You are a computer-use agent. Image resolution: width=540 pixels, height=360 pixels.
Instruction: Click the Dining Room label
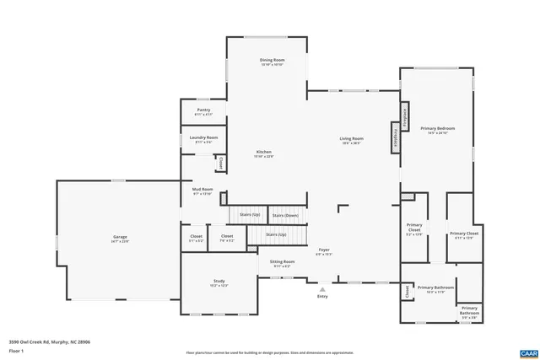[272, 61]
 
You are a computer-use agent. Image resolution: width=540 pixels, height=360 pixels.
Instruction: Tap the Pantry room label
[203, 110]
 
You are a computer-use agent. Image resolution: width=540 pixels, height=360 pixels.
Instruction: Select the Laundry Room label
[203, 138]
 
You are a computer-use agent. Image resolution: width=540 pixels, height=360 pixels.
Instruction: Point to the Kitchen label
[264, 153]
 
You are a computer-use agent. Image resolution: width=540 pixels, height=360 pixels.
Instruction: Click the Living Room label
[351, 139]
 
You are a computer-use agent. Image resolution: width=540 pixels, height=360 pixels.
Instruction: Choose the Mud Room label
[202, 191]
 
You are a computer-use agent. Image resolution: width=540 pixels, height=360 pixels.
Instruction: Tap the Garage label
[120, 238]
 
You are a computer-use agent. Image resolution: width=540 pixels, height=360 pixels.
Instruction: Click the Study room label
[219, 282]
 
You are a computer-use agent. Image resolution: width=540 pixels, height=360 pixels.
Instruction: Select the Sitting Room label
[282, 262]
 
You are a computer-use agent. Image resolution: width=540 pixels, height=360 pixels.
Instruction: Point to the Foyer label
[323, 250]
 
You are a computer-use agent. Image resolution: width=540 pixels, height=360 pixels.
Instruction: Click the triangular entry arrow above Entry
[322, 289]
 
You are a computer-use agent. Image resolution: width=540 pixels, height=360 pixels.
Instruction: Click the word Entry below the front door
[322, 297]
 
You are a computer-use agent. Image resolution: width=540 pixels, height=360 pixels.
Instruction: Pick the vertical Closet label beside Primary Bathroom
[407, 292]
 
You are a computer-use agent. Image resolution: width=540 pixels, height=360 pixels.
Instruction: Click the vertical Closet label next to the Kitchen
[221, 163]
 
